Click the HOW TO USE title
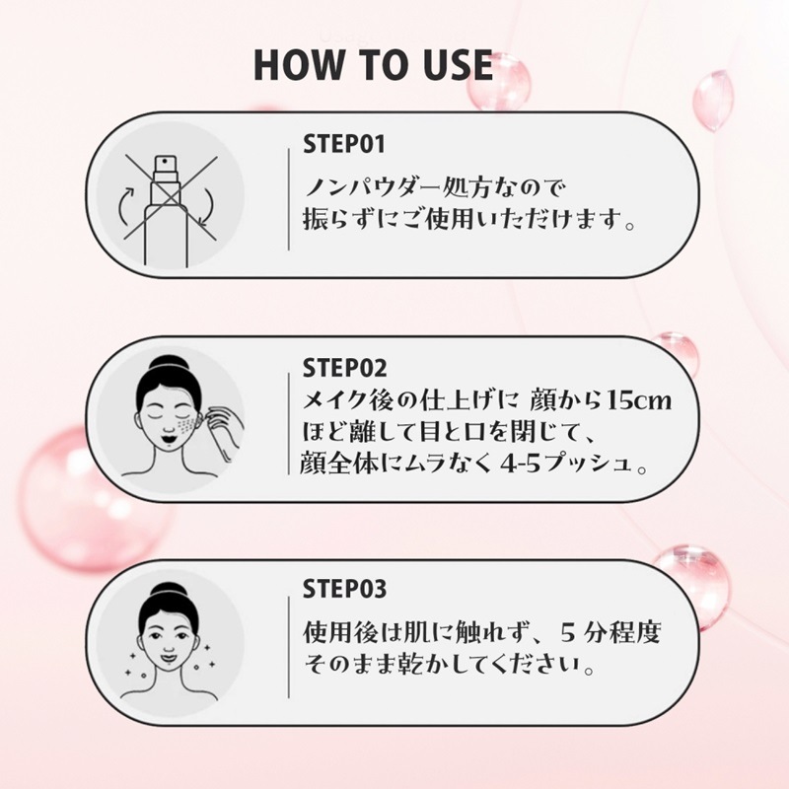point(373,64)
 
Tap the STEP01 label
point(344,145)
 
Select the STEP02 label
point(345,369)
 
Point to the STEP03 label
point(345,591)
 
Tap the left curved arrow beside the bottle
point(126,210)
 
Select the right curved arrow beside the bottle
point(206,208)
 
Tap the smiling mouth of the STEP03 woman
point(165,652)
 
